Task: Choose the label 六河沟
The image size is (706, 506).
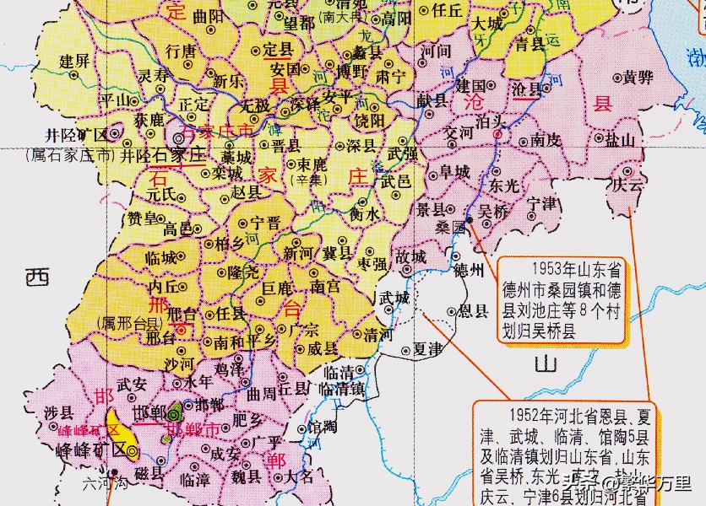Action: click(104, 484)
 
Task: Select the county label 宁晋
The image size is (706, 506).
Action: click(265, 224)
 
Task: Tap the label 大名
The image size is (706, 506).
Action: click(300, 476)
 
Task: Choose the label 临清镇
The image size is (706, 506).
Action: click(342, 390)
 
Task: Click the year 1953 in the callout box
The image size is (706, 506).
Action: click(549, 268)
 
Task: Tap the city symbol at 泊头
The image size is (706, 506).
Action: click(497, 133)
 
